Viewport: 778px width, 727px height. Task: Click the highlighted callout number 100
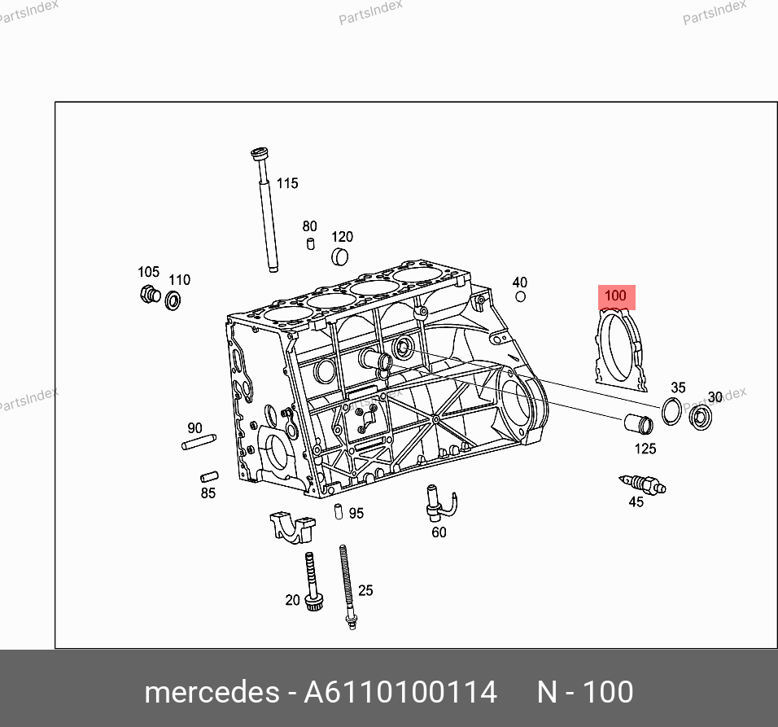coord(616,296)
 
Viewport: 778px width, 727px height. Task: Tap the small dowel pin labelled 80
coord(311,243)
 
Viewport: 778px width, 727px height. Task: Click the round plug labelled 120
coord(339,256)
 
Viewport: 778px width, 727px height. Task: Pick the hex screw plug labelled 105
coord(150,294)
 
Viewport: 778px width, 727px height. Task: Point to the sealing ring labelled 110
coord(173,300)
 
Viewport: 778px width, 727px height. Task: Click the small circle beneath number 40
coord(521,297)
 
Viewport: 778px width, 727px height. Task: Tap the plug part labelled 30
coord(701,417)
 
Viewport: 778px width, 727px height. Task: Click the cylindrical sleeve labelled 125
coord(639,423)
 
